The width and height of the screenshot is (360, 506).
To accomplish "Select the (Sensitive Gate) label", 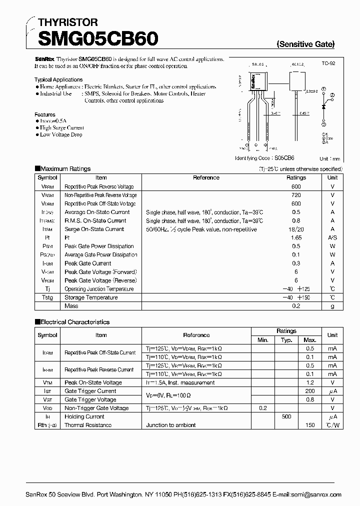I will pos(305,44).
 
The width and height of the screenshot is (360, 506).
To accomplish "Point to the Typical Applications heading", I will pos(58,79).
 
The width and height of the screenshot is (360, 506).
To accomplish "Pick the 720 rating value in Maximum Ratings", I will pos(296,195).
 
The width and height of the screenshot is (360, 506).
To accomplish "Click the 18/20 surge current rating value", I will pos(296,229).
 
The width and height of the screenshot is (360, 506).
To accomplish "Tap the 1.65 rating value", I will pos(296,237).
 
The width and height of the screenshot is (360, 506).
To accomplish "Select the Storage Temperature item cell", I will pos(91,297).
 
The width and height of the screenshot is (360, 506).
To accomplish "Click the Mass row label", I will pos(71,306).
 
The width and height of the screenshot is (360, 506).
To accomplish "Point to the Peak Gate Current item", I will pos(88,263).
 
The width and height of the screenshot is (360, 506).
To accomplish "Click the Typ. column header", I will pos(286,340).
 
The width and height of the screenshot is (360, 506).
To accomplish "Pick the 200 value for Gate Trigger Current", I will pos(310,391).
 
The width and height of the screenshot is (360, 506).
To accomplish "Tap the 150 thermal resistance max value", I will pos(310,425).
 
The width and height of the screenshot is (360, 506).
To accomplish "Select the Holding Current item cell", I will pos(84,416).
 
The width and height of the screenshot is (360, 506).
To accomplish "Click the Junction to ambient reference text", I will pos(170,425).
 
